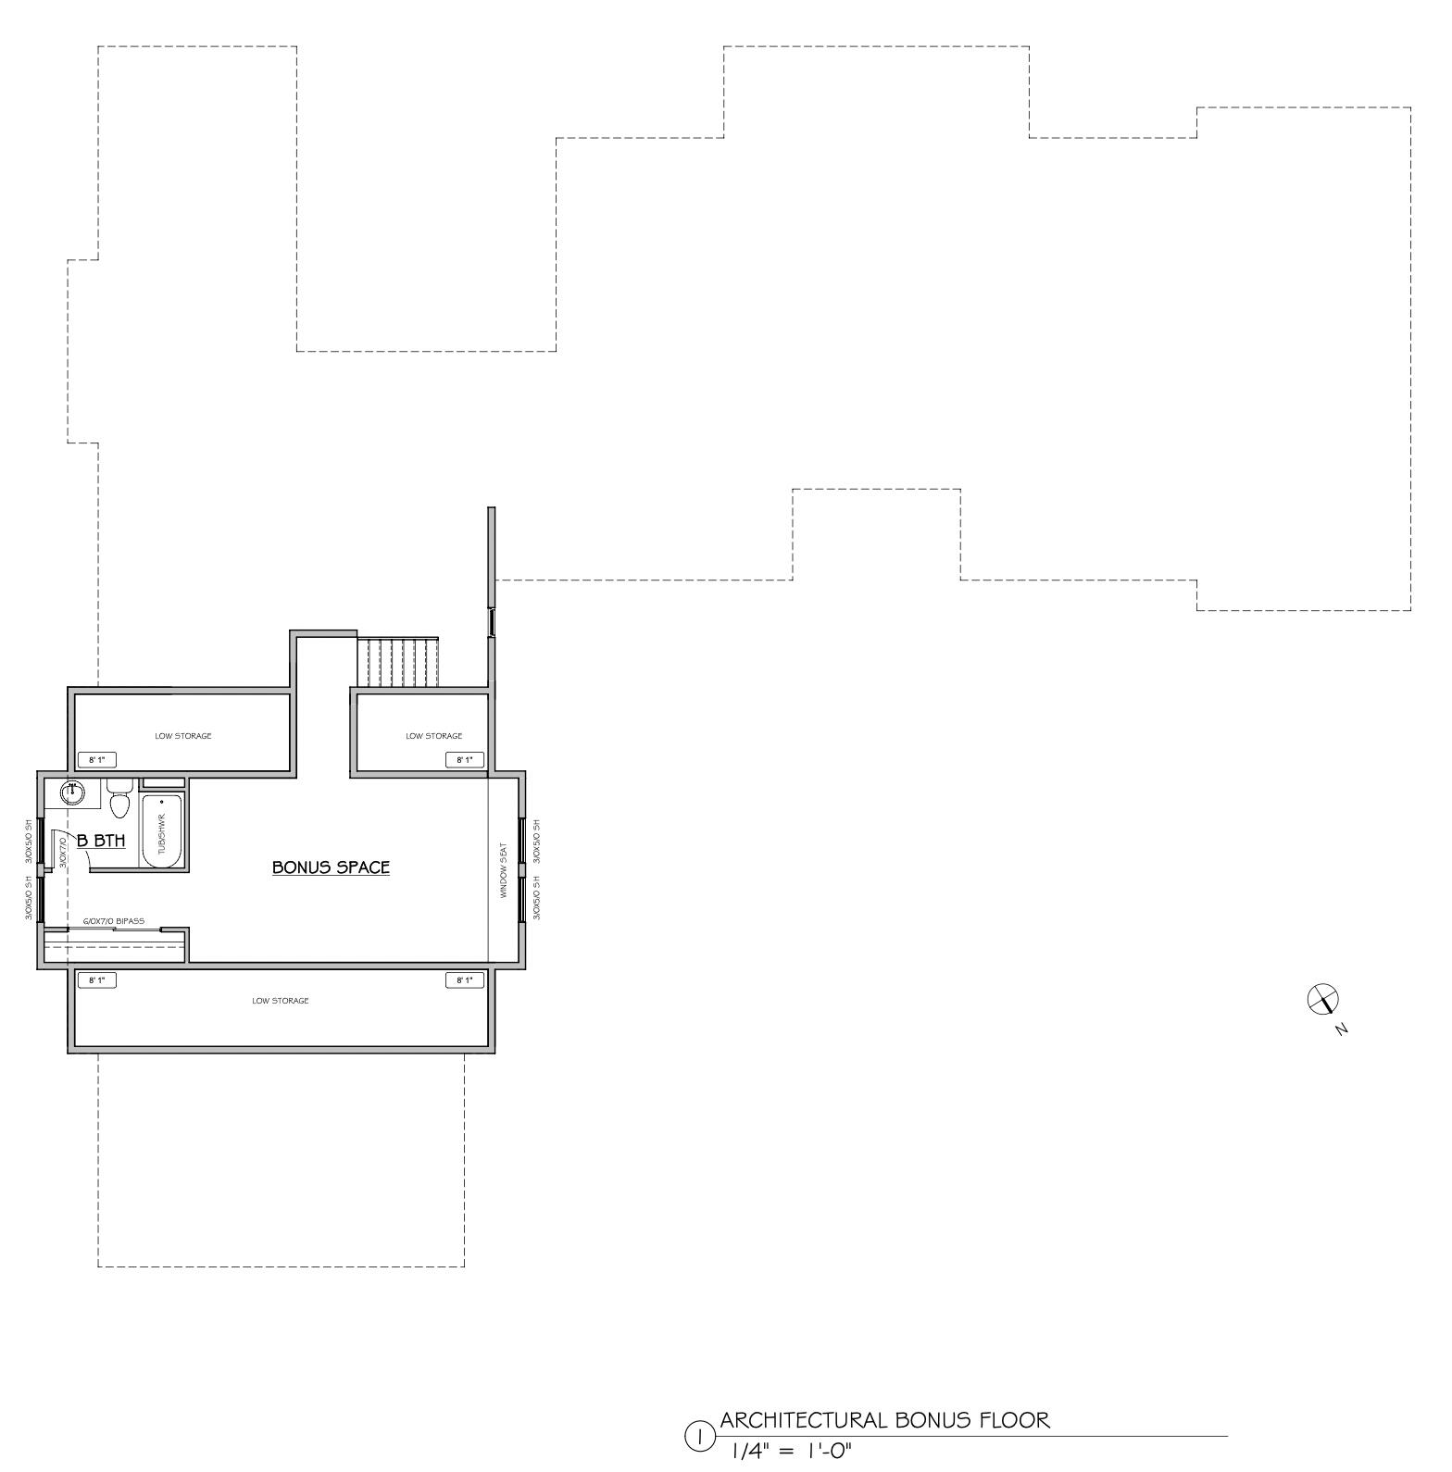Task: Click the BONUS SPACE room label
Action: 331,867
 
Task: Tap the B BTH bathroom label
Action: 101,841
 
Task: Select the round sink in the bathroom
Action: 72,792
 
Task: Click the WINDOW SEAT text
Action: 504,870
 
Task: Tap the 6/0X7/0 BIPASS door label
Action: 114,921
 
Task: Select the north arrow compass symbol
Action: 1323,1000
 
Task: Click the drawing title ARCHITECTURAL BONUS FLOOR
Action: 885,1420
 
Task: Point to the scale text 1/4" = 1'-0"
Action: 792,1451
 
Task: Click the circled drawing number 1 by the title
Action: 699,1437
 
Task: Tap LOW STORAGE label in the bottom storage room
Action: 281,1001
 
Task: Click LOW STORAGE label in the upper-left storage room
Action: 183,736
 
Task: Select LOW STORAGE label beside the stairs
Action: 433,736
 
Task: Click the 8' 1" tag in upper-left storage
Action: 97,760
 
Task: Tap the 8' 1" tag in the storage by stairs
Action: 465,760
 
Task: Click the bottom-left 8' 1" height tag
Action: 97,980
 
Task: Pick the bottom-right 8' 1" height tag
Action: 465,980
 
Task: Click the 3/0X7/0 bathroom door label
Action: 63,851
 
